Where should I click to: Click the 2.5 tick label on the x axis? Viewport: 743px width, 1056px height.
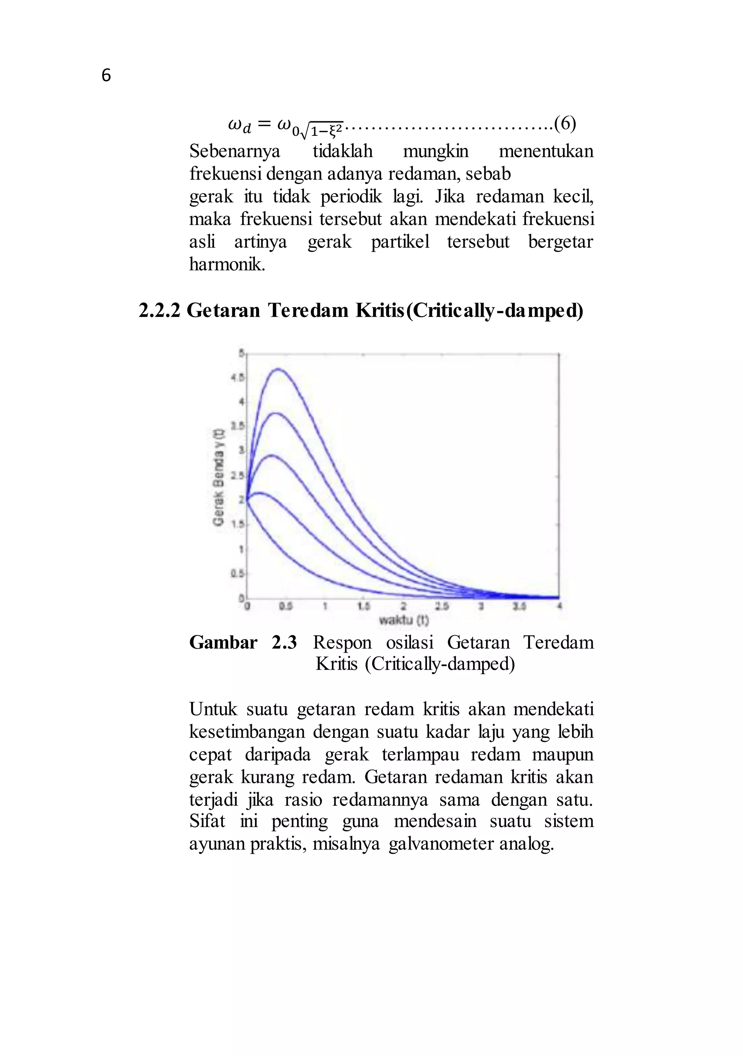[442, 607]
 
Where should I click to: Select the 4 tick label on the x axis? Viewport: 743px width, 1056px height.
[559, 607]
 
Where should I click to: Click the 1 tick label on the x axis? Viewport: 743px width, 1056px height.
[325, 607]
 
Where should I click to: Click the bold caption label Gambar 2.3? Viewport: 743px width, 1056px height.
[243, 643]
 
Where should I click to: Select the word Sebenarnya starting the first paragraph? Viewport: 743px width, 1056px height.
[234, 151]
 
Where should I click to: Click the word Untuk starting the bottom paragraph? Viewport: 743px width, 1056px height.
[213, 709]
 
